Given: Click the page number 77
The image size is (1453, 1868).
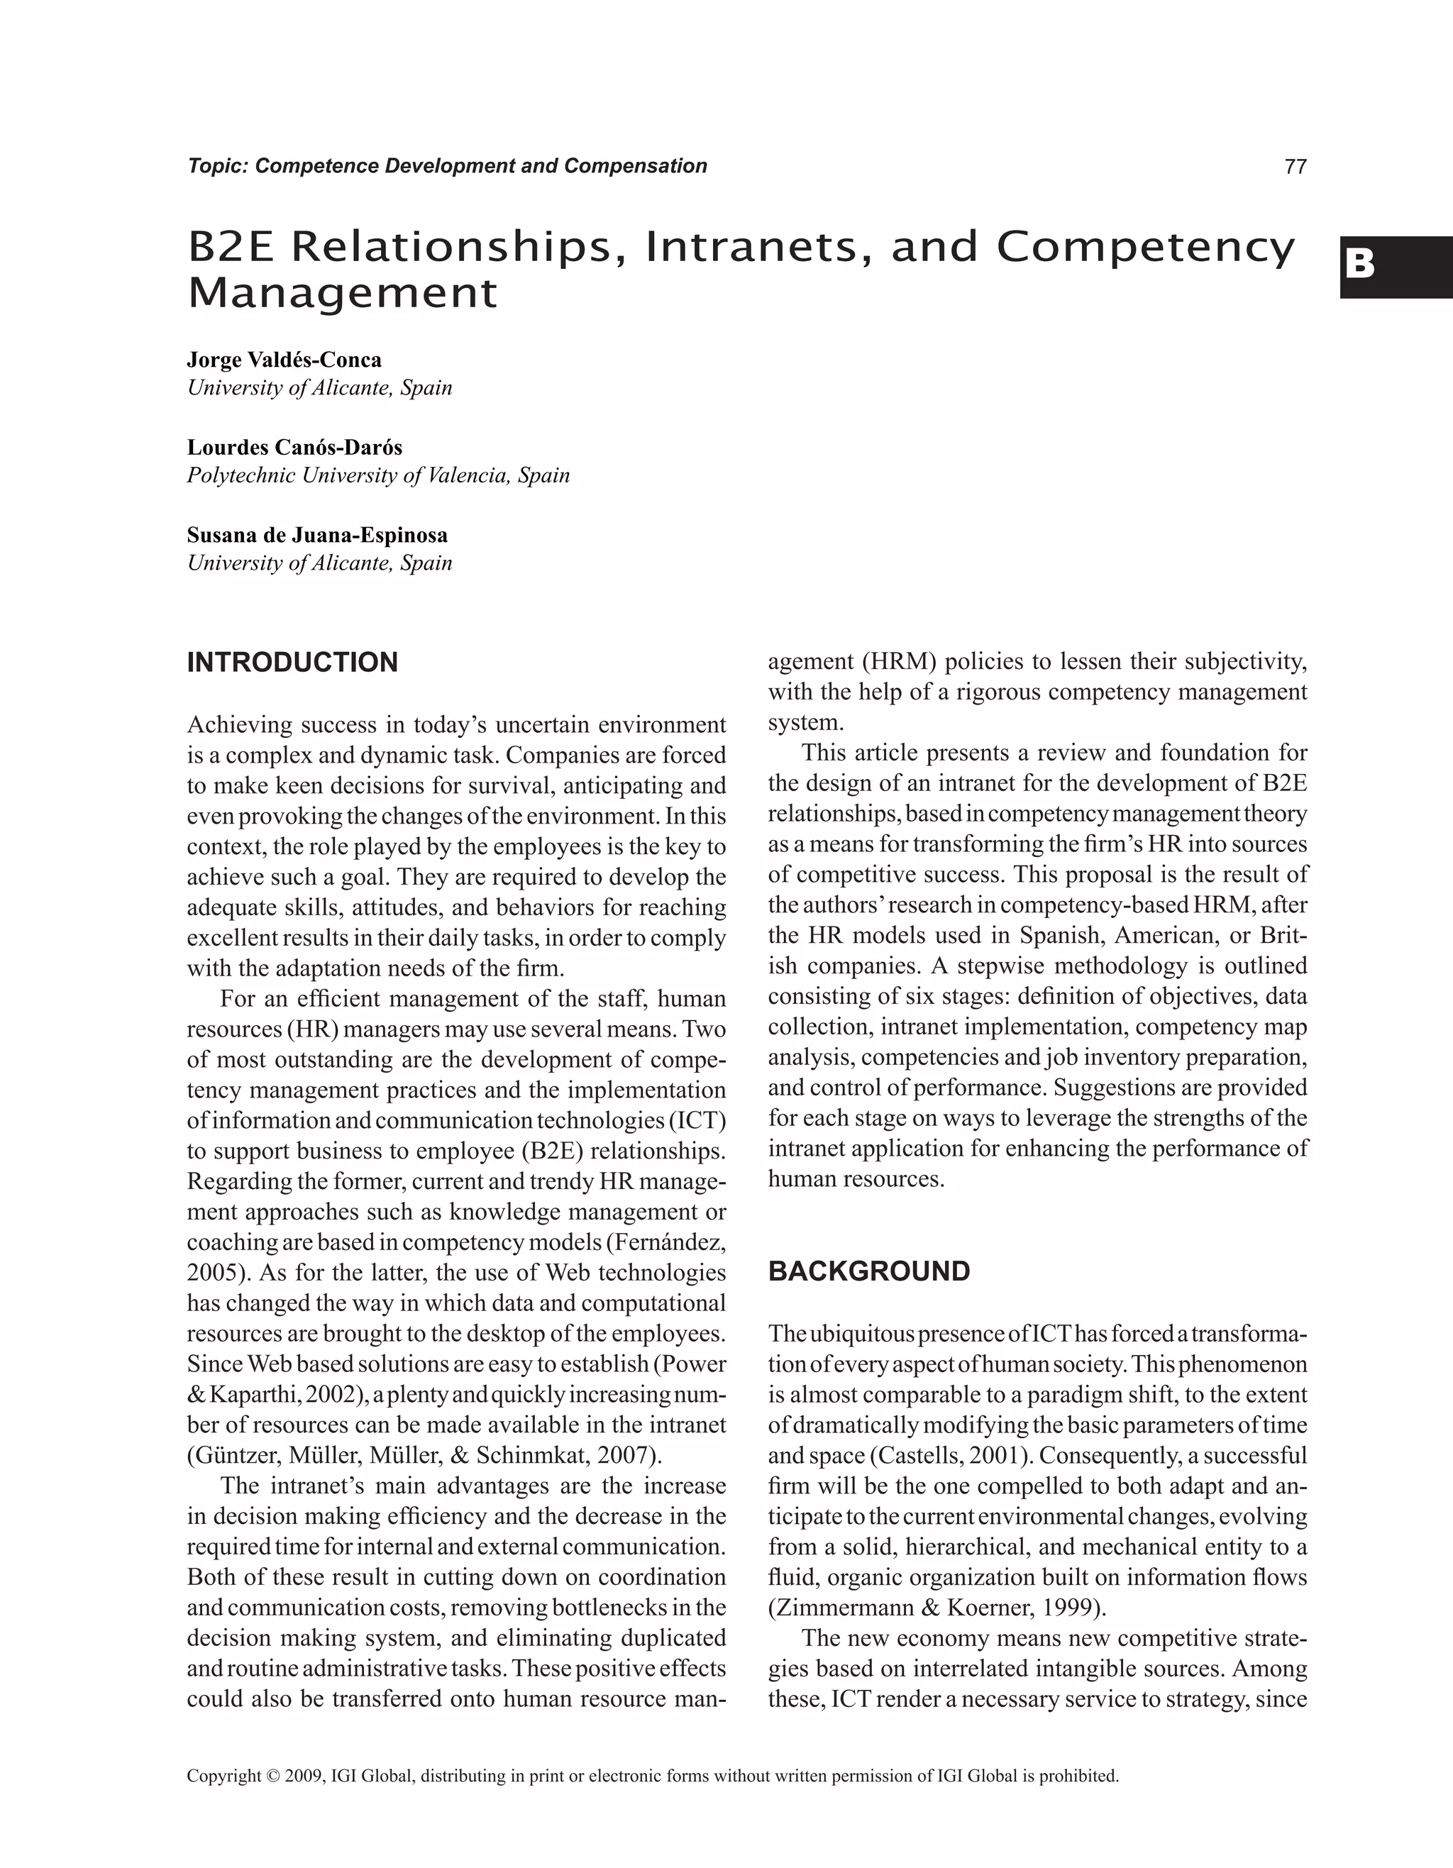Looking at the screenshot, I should coord(1295,167).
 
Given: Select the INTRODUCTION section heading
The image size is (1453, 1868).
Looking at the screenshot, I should coord(292,663).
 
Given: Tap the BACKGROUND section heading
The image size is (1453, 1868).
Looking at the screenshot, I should coord(869,1272).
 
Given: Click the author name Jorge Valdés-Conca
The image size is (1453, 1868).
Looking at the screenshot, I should coord(284,360).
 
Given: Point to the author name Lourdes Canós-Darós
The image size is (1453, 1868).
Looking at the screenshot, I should coord(294,448).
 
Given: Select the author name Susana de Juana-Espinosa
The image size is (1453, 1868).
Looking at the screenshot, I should coord(317,536).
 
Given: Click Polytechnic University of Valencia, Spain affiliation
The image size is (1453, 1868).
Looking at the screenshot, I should coord(378,475).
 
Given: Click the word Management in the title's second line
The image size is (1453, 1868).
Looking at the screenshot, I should coord(342,294).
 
